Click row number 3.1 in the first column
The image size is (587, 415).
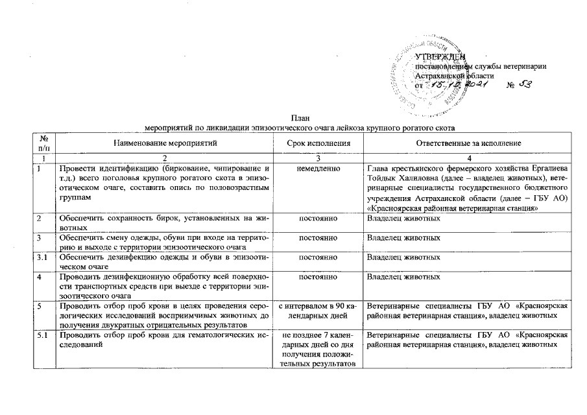point(42,258)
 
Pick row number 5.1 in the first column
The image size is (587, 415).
point(42,335)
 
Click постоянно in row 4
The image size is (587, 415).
point(319,278)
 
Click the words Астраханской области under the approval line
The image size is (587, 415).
point(455,76)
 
